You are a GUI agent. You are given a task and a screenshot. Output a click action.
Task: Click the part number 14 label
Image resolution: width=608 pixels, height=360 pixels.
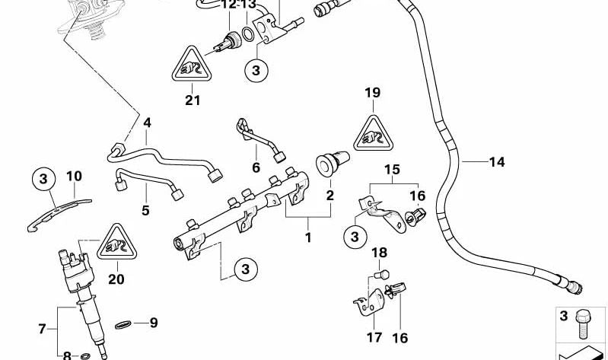496,161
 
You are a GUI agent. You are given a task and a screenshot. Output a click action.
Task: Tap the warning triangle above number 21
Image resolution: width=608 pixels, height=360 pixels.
187,65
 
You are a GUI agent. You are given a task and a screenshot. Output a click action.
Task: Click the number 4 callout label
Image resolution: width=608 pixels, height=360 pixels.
147,122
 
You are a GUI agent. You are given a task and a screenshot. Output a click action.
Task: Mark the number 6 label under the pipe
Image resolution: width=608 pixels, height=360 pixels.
256,167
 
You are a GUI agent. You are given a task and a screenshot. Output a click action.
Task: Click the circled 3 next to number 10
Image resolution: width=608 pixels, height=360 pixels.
43,180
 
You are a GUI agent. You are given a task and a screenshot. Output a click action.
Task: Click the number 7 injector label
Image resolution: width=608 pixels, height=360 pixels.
43,329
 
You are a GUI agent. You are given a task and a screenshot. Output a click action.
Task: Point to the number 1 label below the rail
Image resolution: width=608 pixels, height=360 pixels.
308,237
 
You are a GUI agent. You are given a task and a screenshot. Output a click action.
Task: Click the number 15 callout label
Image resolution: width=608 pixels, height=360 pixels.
391,169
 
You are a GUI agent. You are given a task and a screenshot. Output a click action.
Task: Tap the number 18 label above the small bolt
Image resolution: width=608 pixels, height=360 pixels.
379,253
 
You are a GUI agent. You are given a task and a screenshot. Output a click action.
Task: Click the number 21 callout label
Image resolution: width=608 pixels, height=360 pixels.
193,100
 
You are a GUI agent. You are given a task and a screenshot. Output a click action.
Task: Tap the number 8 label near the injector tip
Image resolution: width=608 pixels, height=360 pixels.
67,355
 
